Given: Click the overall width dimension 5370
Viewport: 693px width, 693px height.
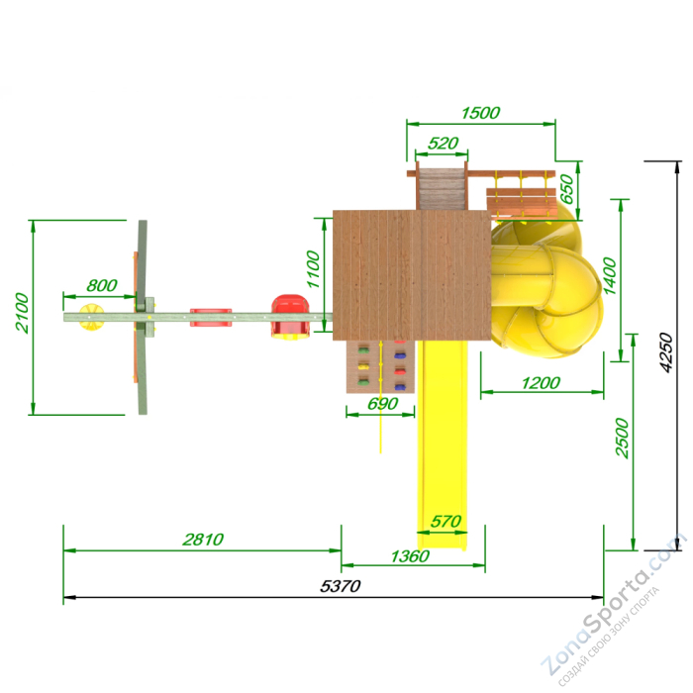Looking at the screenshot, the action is point(340,586).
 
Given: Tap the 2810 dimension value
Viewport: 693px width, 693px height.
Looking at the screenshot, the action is point(203,540).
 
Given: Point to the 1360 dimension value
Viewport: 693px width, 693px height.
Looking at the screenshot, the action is point(410,556).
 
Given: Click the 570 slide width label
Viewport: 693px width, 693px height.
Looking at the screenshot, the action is point(445,522).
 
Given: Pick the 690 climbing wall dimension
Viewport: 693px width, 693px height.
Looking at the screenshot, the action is point(383,404).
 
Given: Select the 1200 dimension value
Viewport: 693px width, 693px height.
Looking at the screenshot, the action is point(541,383).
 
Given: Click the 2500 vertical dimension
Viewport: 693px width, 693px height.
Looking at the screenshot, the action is point(622,438).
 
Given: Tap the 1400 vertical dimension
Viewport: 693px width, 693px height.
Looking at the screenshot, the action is point(610,276).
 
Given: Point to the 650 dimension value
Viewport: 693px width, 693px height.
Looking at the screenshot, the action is point(566,189).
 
